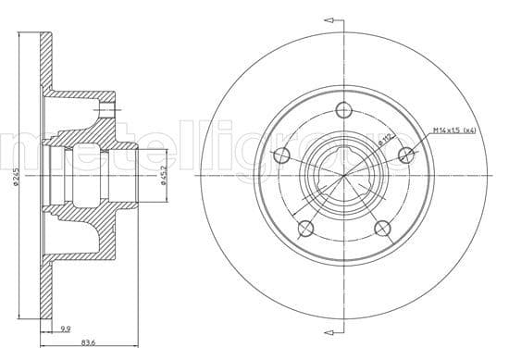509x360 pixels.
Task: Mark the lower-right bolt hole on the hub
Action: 379,228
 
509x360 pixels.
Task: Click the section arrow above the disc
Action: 329,17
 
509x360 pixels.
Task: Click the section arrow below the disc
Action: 329,344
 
